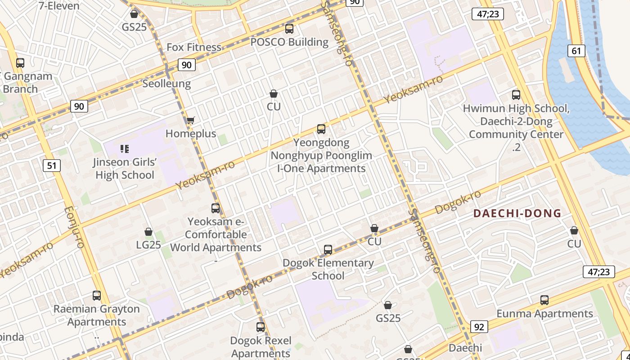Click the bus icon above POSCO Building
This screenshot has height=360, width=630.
coord(289,29)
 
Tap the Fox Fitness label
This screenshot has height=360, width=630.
coord(194,47)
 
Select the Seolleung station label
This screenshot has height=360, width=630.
coord(166,84)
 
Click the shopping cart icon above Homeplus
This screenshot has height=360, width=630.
coord(190,120)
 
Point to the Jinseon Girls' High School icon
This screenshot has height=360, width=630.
coord(125,148)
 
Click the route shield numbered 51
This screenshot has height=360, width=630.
coord(52,166)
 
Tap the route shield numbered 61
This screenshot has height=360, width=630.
coord(576,51)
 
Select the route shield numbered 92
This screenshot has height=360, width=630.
coord(479,327)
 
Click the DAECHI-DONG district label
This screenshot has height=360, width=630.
coord(517,213)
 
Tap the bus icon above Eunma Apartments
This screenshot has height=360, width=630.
coord(544,300)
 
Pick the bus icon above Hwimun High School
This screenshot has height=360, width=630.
coord(516,95)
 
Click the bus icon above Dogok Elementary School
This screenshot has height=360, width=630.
coord(328,250)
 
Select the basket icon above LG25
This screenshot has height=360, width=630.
coord(148,232)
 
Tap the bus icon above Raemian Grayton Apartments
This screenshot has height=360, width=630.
coord(97,296)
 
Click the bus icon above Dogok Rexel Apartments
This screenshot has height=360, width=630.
coord(261,327)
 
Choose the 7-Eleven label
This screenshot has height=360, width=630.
coord(59,6)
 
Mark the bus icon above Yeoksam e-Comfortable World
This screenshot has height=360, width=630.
coord(216,208)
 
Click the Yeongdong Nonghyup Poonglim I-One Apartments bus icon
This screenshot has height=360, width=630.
coord(321,129)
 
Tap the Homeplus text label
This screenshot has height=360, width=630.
coord(191,134)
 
